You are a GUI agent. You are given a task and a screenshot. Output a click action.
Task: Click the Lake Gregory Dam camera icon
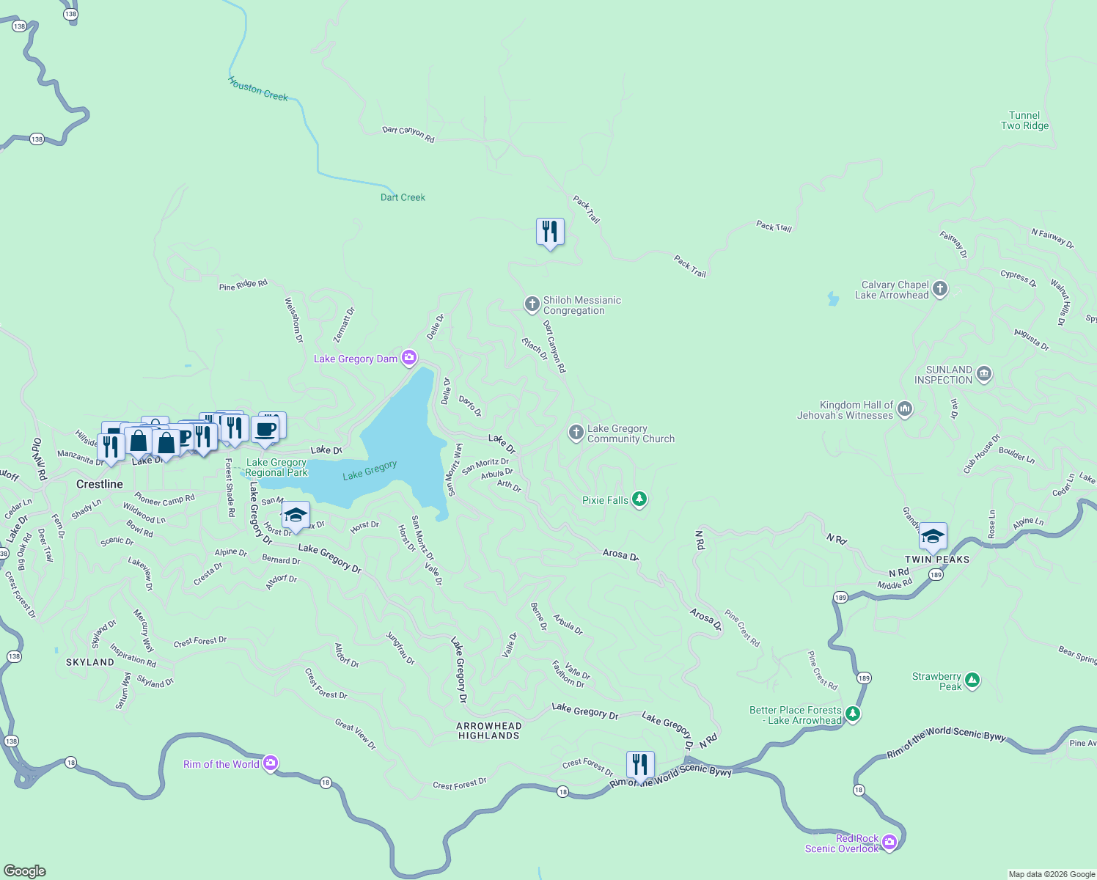[409, 358]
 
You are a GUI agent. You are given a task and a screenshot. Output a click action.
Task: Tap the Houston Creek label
[258, 89]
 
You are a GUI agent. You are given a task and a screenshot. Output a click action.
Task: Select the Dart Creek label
[403, 197]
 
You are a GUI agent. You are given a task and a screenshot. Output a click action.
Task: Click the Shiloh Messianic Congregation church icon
[532, 304]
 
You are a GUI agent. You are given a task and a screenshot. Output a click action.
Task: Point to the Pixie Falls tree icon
[639, 499]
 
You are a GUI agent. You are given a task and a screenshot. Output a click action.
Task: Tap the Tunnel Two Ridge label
[1024, 120]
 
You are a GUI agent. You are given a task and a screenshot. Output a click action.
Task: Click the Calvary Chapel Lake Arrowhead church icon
[940, 289]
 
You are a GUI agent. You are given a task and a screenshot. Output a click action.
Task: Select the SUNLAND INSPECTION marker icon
[984, 374]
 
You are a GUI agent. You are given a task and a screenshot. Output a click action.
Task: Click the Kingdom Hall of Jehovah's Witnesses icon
[905, 409]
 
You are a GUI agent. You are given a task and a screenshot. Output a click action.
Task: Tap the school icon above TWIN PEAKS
[933, 537]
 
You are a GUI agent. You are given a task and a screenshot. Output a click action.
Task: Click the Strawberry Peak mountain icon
[972, 681]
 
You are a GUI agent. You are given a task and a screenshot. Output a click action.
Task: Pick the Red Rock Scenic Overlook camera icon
[889, 842]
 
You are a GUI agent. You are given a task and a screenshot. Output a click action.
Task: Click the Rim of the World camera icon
[271, 763]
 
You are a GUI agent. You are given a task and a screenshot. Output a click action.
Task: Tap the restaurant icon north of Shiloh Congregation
[550, 232]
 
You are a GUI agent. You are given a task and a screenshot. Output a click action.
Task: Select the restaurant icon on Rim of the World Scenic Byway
[640, 765]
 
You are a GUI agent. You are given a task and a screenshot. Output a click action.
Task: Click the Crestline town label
[100, 484]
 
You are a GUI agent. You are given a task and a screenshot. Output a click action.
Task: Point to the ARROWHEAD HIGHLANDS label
[489, 730]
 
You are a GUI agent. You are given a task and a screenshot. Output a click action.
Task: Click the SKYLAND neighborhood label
[90, 661]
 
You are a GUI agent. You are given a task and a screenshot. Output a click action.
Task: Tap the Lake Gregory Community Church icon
[576, 433]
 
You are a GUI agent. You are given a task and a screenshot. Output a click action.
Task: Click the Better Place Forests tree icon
[852, 714]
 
